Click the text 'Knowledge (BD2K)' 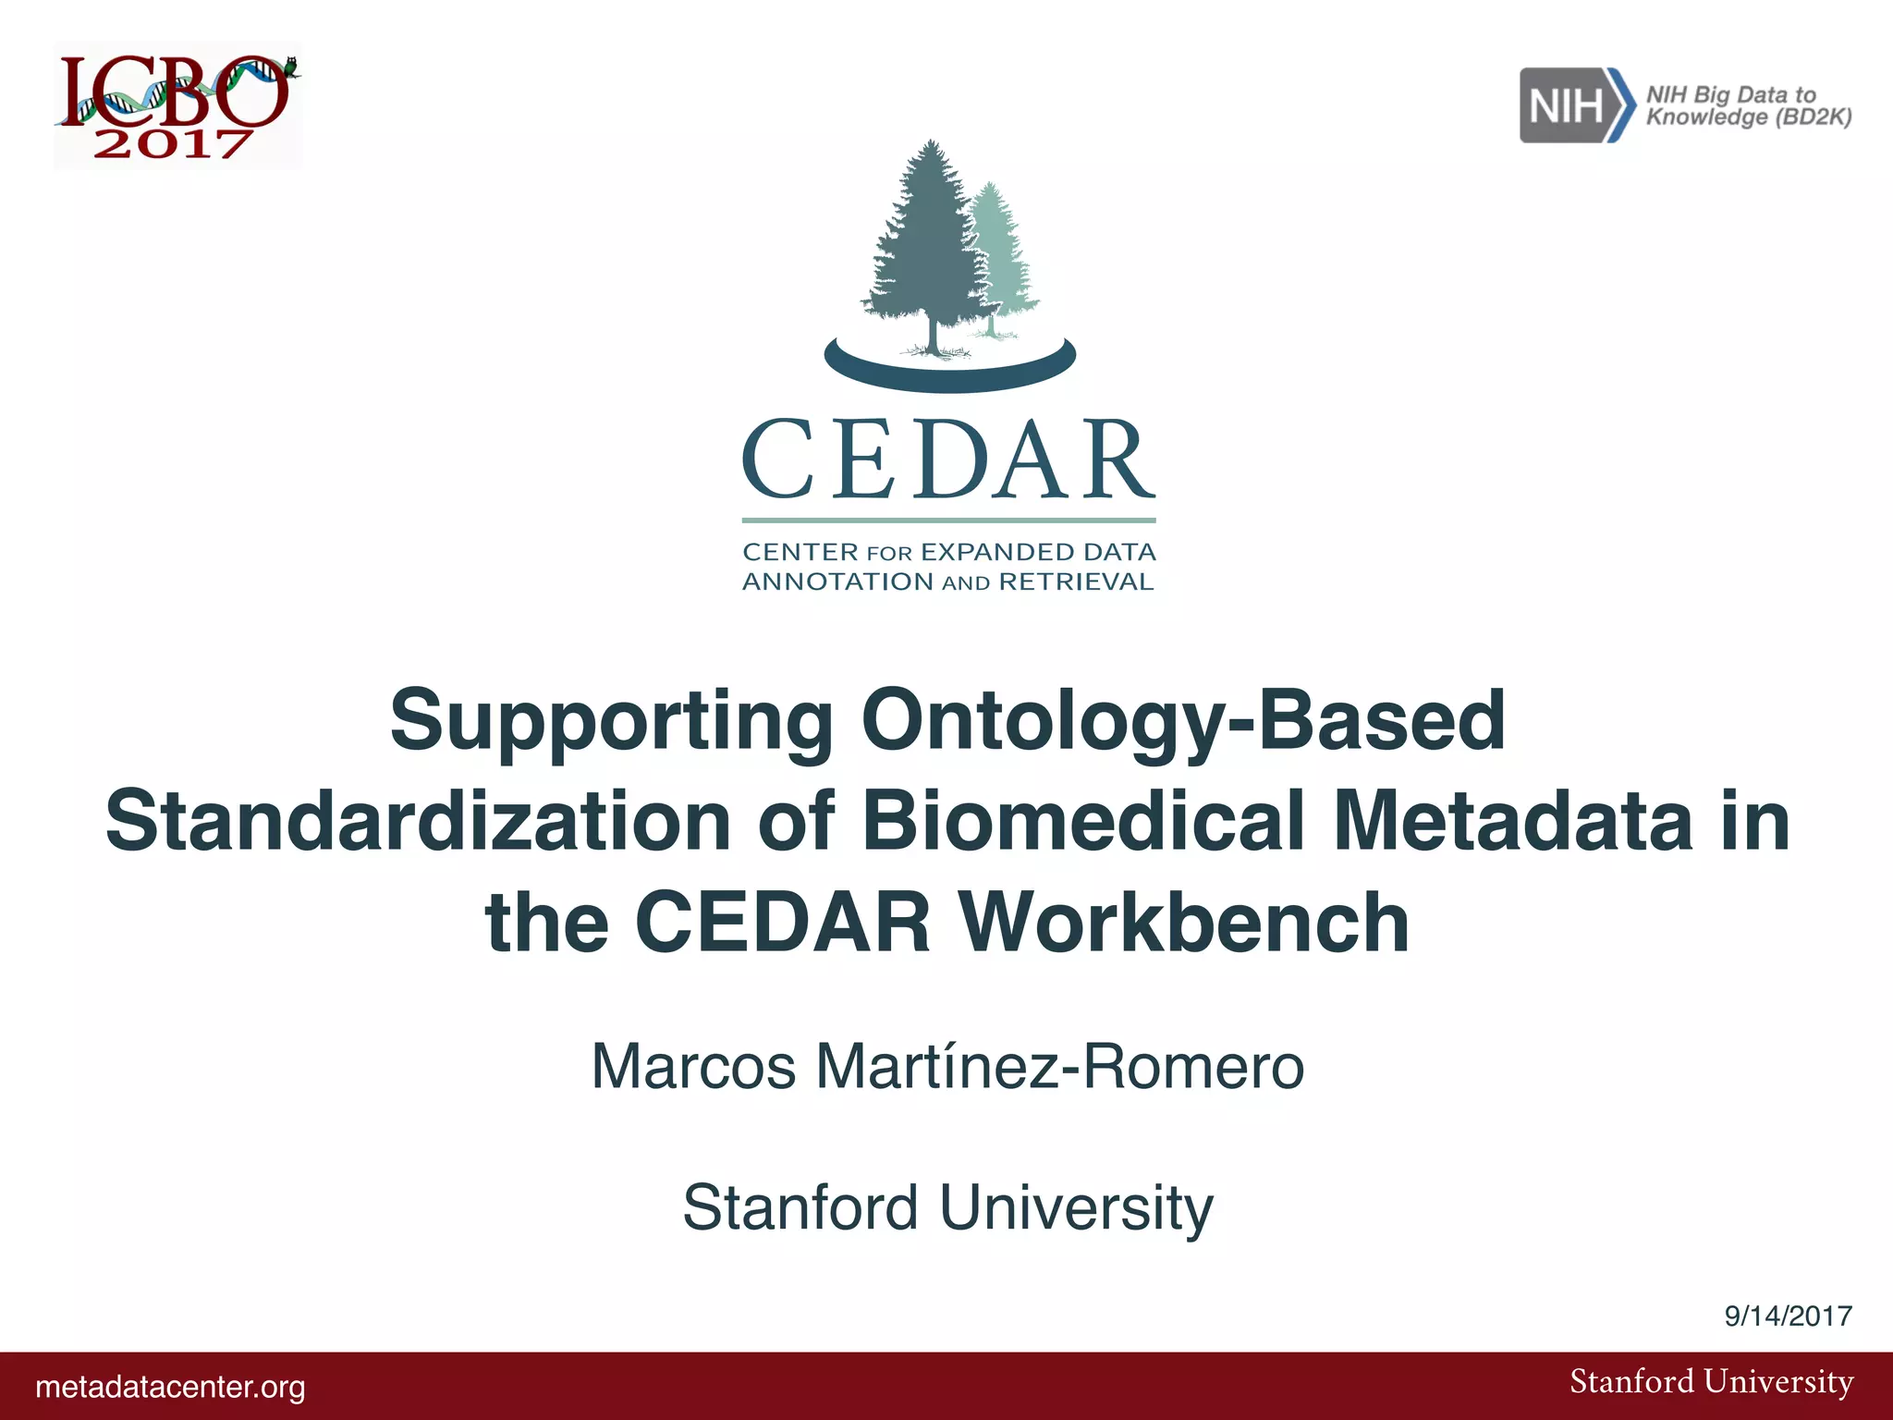coord(1749,117)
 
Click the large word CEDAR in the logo coord(948,459)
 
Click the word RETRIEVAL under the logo coord(1077,581)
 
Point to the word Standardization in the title coord(418,821)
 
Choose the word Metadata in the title coord(1513,821)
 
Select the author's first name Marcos coord(693,1067)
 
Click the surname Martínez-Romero coord(1059,1067)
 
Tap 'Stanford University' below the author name coord(947,1207)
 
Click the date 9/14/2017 coord(1788,1316)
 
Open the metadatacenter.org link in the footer coord(170,1387)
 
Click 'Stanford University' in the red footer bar coord(1711,1382)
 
